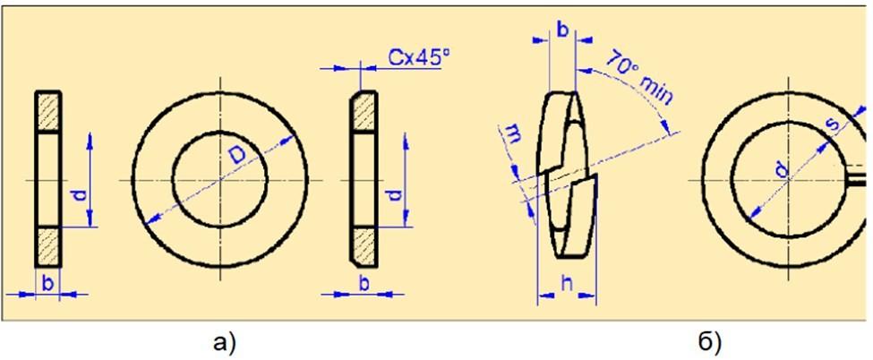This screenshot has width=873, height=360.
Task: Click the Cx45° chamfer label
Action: [418, 56]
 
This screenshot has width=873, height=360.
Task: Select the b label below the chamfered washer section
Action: [364, 282]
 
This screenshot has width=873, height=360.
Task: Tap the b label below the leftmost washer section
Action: [47, 282]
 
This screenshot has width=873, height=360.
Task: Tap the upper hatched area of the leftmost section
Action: [48, 112]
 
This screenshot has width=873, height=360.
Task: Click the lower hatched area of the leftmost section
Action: [48, 246]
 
